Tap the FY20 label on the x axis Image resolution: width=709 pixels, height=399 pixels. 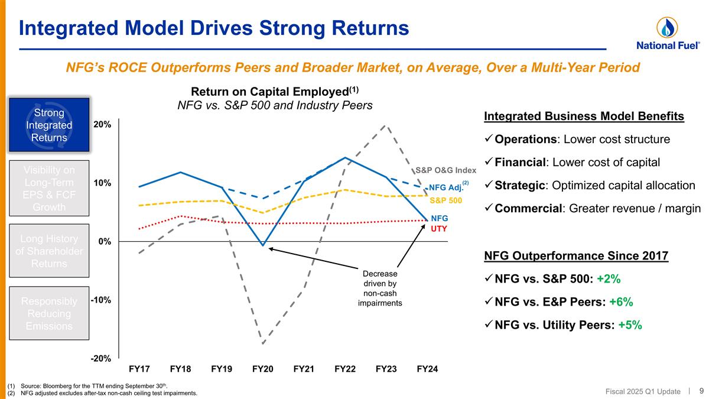(x=262, y=369)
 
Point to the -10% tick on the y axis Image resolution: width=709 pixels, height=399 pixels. (x=100, y=300)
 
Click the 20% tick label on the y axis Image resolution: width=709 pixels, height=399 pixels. (x=101, y=125)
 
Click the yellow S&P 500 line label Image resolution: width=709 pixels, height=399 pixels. (x=445, y=200)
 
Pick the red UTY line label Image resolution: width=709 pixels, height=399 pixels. (x=438, y=228)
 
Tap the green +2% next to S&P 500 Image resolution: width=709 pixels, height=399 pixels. (x=608, y=279)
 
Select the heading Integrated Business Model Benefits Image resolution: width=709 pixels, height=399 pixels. (x=584, y=116)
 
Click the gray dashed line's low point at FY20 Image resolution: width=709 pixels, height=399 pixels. (x=262, y=343)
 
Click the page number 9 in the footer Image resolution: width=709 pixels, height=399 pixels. (x=701, y=391)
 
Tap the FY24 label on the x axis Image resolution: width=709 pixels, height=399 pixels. (x=427, y=369)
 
